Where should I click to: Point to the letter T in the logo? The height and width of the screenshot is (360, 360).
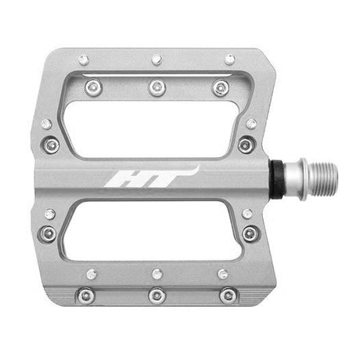[x=167, y=178]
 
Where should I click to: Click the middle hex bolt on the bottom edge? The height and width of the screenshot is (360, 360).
[x=157, y=296]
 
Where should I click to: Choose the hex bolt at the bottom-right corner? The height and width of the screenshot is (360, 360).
[x=229, y=296]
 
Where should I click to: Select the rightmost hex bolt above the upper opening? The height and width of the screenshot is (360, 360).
[x=221, y=88]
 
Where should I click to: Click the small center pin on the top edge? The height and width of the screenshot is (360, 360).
[x=157, y=59]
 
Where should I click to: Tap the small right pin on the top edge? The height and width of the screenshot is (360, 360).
[x=229, y=59]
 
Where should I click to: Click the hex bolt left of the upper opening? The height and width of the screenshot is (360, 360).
[x=52, y=144]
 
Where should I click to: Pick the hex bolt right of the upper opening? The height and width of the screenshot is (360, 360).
[x=246, y=145]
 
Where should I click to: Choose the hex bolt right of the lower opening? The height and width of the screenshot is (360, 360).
[x=250, y=233]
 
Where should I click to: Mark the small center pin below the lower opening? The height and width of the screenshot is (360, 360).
[x=157, y=273]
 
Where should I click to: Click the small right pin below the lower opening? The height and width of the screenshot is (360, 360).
[x=223, y=274]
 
